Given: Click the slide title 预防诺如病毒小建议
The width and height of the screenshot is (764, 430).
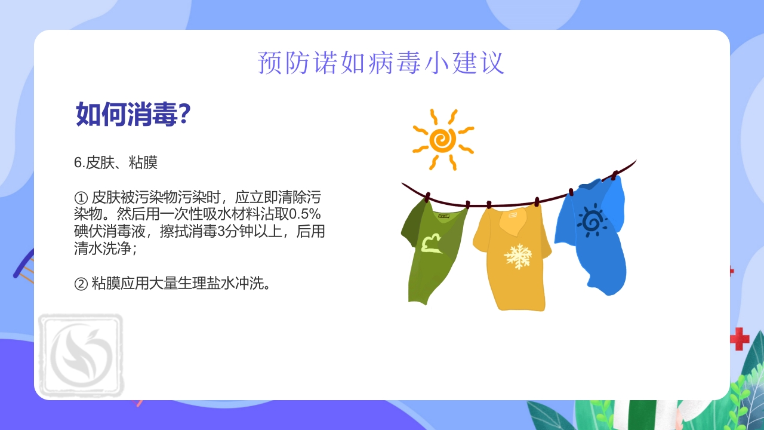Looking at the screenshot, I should coord(381,63).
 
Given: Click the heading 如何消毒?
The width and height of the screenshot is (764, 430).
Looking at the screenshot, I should coord(133,113).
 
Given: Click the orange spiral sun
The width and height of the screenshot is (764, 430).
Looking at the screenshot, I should coord(443,140).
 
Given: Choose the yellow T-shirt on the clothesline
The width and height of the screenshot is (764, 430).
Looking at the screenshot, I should coord(512,257).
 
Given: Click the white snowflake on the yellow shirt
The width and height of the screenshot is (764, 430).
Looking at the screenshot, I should coord(517,256).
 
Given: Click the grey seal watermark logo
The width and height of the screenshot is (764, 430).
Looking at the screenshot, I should coord(81,355).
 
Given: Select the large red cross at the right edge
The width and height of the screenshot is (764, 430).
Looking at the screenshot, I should coord(739,339).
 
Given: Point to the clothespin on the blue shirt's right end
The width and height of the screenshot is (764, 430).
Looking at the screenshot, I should coord(614,176).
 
